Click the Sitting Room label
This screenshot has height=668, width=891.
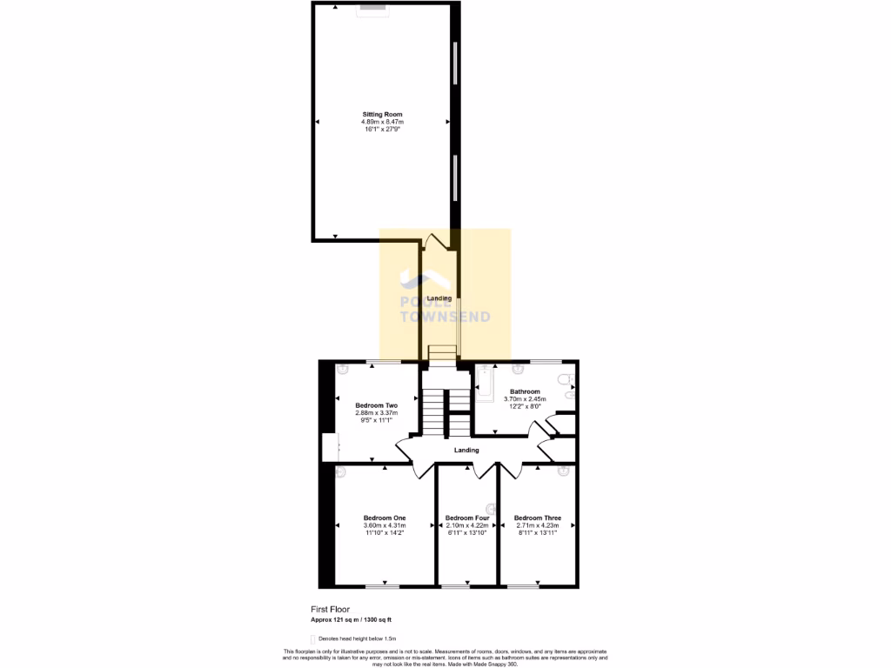(382, 114)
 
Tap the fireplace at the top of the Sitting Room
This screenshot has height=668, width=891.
(374, 7)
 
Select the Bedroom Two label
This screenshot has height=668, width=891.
(376, 405)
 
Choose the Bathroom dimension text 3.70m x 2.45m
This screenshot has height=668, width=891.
(525, 398)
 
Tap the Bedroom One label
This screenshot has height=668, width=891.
(384, 518)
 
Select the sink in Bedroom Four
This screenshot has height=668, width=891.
(491, 508)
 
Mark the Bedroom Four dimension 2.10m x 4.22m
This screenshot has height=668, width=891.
(466, 525)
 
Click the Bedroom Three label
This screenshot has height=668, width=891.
(537, 518)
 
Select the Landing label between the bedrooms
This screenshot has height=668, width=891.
(466, 450)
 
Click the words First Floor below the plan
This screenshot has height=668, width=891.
(330, 610)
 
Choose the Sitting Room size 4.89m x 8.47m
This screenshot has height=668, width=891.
(382, 122)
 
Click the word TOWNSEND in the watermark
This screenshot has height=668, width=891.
(444, 317)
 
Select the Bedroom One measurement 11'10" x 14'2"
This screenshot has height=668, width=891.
(384, 532)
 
